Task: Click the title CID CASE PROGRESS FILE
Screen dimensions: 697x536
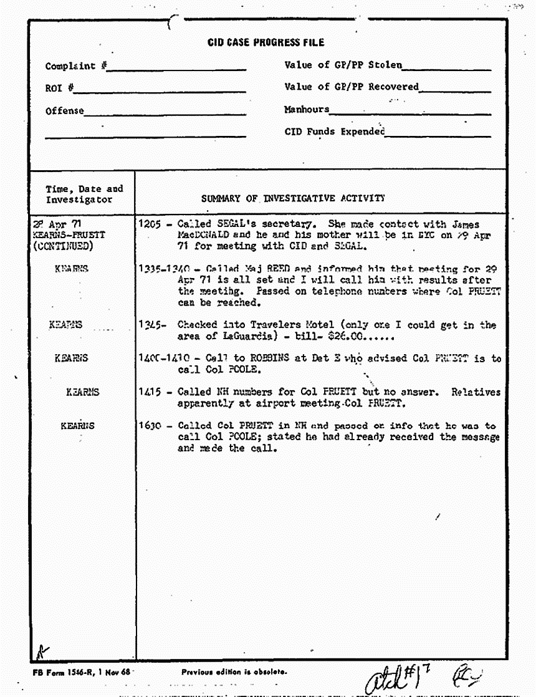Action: [x=266, y=42]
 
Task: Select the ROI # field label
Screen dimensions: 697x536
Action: [x=60, y=89]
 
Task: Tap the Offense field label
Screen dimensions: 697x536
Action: [x=64, y=111]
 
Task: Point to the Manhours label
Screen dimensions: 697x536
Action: [x=307, y=110]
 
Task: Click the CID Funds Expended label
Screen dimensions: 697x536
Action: [x=335, y=132]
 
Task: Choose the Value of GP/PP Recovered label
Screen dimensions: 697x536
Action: [x=352, y=87]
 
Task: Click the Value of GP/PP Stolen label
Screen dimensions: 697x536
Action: [x=343, y=65]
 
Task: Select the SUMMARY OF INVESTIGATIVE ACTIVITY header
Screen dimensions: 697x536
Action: [x=292, y=198]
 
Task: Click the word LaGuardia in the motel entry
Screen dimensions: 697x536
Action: [x=236, y=336]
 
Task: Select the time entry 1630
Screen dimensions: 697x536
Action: [x=151, y=426]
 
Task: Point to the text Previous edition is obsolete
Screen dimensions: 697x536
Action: [x=234, y=671]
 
